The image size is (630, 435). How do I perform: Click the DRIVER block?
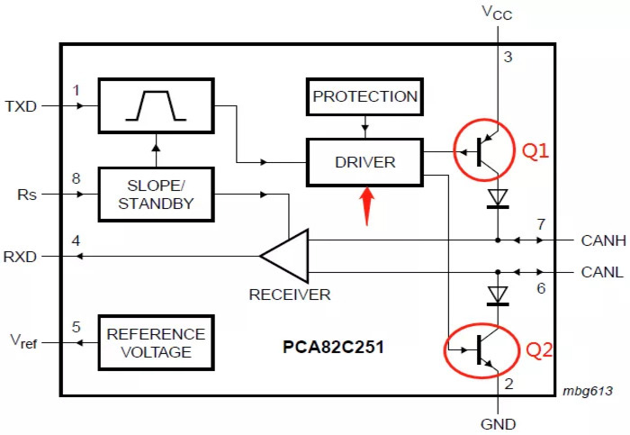pos(364,162)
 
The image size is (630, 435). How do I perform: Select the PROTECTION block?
pos(364,96)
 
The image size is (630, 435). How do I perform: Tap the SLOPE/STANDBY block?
pos(157,194)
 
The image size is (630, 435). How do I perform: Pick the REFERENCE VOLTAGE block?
pos(157,342)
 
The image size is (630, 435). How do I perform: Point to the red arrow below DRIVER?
pos(366,206)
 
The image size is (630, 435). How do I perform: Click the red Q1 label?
pos(536,151)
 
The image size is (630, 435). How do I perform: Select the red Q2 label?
pos(540,349)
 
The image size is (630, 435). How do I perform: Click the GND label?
pos(498,423)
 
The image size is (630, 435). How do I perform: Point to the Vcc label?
pos(498,13)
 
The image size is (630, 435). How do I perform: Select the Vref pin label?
pos(25,341)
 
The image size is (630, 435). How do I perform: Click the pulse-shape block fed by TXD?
pos(157,104)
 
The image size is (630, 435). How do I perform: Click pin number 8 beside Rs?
pos(76,179)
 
